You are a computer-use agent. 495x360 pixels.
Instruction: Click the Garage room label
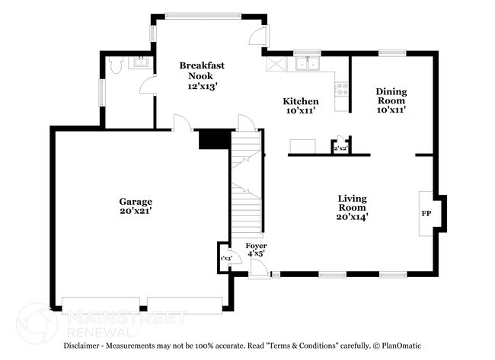[135, 205]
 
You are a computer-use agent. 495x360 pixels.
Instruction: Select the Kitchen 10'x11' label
[301, 106]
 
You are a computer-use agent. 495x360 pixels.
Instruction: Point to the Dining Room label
[391, 100]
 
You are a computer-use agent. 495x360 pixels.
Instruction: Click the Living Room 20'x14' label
[353, 207]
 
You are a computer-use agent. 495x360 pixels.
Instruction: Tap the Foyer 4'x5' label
[256, 250]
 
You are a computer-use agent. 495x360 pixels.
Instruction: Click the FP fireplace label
[426, 213]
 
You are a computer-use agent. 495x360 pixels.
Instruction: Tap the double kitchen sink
[308, 64]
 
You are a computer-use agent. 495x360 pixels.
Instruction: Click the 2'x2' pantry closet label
[340, 149]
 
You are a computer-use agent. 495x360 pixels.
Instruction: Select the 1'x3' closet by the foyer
[226, 259]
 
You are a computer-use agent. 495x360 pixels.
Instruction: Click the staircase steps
[245, 183]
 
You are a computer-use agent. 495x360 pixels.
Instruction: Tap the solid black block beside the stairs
[212, 139]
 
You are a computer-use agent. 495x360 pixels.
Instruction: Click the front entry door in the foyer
[258, 269]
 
